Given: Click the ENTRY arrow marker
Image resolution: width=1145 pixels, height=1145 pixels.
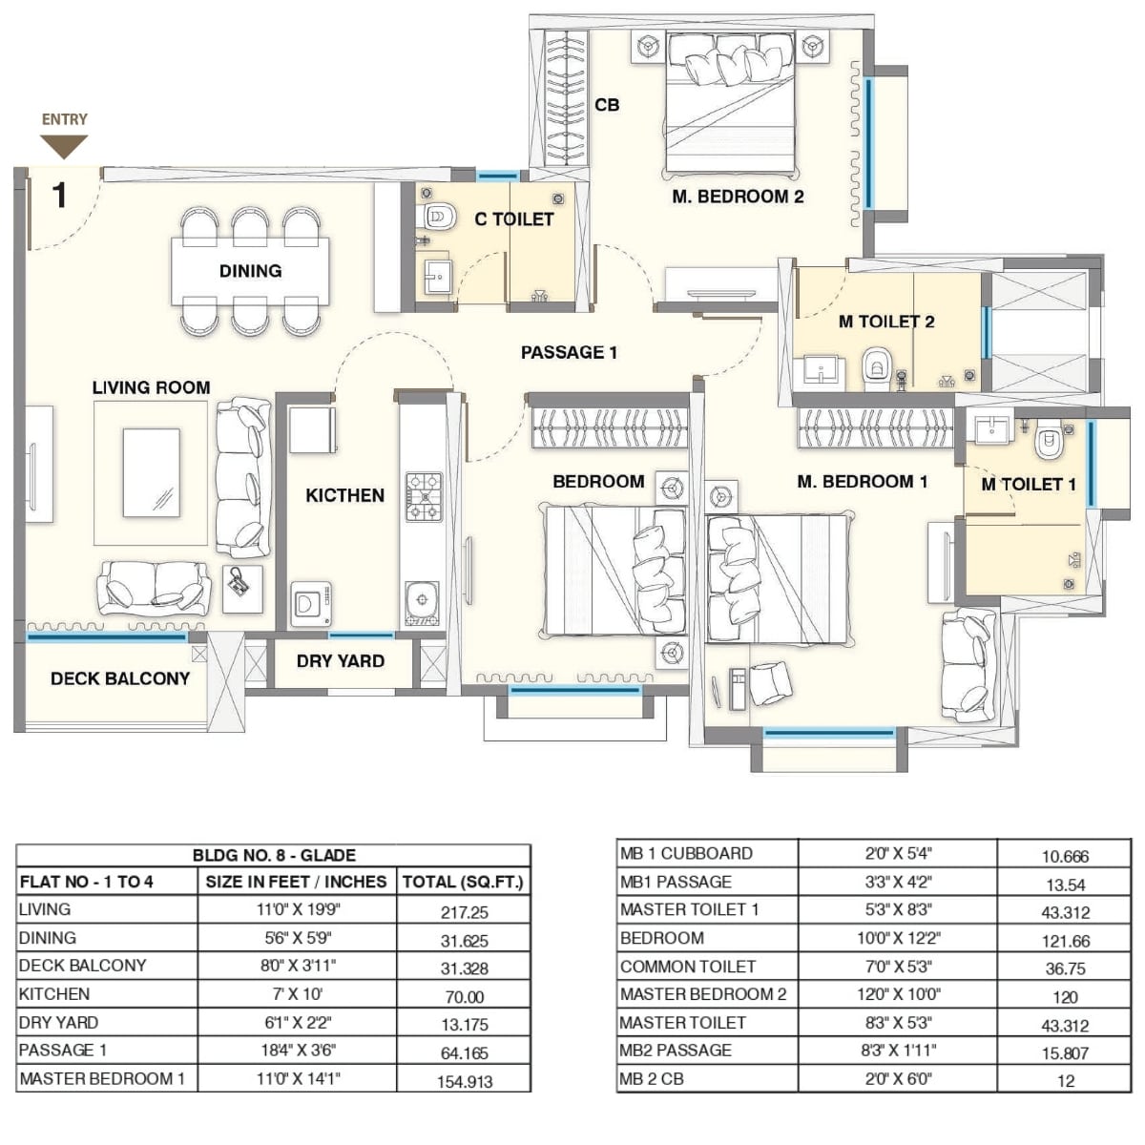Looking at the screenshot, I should [64, 145].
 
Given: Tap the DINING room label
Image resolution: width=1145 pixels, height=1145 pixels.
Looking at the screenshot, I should [250, 271].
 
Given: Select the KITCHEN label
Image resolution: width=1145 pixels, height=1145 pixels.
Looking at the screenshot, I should [344, 495].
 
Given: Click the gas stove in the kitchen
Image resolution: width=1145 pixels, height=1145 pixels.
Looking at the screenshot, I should [424, 496].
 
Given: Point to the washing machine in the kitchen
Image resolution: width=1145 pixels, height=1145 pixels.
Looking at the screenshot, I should [310, 604].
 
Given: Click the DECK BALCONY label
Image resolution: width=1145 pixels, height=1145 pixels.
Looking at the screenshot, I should [120, 678].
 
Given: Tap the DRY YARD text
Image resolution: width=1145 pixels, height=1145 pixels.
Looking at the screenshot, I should [340, 661].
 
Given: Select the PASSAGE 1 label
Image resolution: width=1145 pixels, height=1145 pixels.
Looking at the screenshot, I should [569, 352].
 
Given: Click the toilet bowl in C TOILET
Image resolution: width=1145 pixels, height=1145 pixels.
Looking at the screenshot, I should [439, 217].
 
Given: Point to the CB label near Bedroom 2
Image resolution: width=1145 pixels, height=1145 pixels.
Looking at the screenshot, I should [607, 105].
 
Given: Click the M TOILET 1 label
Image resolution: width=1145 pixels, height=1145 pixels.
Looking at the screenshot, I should [1029, 485].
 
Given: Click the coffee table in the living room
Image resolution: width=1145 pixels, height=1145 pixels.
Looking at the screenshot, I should [151, 473].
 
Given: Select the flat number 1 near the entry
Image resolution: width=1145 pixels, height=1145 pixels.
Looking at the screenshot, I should [59, 196].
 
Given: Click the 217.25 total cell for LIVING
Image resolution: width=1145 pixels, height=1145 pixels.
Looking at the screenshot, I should [464, 912].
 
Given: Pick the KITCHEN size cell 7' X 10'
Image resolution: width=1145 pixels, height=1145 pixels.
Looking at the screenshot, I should [297, 994].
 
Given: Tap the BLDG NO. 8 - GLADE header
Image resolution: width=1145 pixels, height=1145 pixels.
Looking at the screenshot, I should [274, 855].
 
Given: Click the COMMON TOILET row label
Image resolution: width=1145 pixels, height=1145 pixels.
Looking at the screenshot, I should [687, 967].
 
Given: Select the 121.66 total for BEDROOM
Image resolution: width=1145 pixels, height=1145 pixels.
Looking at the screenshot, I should [1065, 941].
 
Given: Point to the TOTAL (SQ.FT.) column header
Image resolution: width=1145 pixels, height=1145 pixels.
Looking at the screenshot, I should [463, 882].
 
